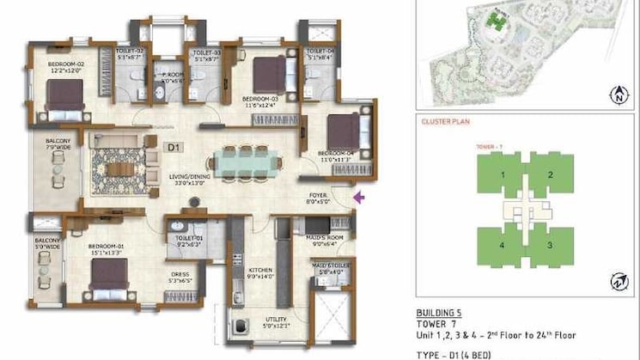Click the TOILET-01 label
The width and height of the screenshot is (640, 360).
pyautogui.click(x=187, y=241)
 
